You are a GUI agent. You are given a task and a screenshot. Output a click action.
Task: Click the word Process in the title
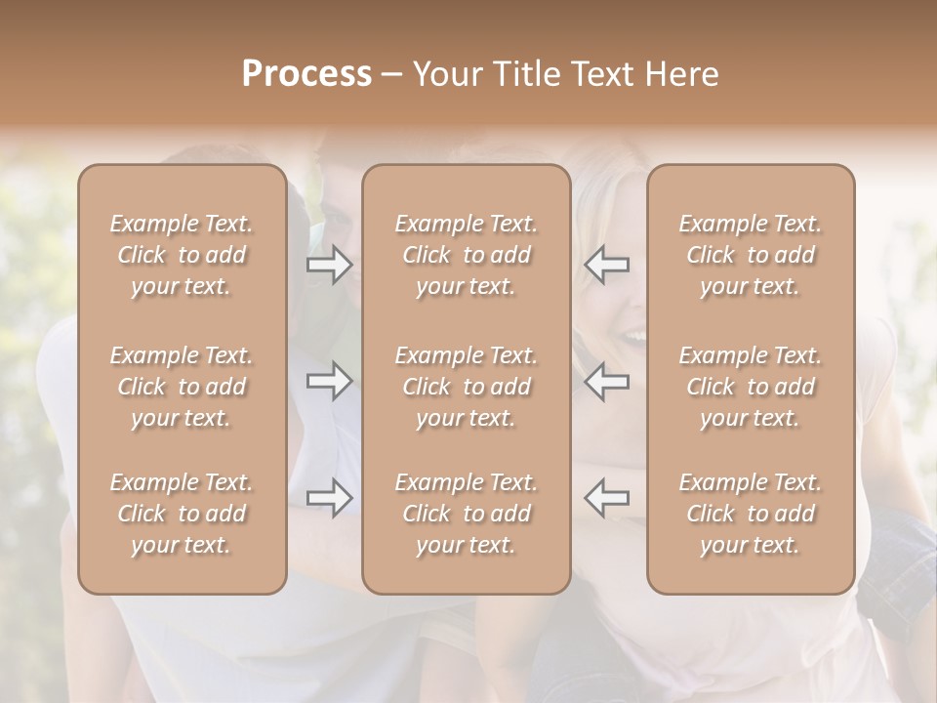point(306,74)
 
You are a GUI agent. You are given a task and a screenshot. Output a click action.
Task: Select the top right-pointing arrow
point(330,265)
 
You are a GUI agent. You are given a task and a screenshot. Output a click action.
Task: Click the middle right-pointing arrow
point(330,381)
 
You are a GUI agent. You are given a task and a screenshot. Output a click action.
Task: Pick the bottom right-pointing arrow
point(330,498)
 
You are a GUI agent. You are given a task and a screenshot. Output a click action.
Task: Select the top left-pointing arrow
point(606,265)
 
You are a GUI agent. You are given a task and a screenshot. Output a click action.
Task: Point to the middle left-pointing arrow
point(606,381)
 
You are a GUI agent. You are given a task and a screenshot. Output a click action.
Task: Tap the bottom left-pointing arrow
point(606,498)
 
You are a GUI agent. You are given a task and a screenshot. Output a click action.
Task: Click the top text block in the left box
point(182,255)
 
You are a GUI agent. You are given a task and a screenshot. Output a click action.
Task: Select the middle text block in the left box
point(182,387)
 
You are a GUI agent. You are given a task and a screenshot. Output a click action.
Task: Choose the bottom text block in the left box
point(182,514)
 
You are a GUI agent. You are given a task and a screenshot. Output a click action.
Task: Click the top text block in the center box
point(467,255)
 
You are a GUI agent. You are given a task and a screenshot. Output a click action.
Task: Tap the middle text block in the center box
point(467,387)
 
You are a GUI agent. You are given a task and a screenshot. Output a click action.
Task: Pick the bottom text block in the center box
point(467,514)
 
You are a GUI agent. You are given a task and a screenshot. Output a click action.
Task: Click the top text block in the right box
point(751,255)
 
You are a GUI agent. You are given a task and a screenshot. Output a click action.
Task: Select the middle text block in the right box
point(751,387)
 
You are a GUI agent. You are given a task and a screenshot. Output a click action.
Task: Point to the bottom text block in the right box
point(751,514)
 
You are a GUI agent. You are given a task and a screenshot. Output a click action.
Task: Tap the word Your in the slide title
point(444,74)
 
